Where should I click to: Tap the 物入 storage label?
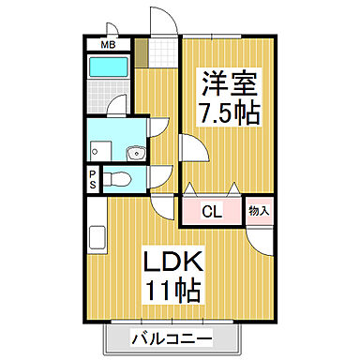(260, 211)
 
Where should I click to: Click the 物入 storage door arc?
(264, 239)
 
